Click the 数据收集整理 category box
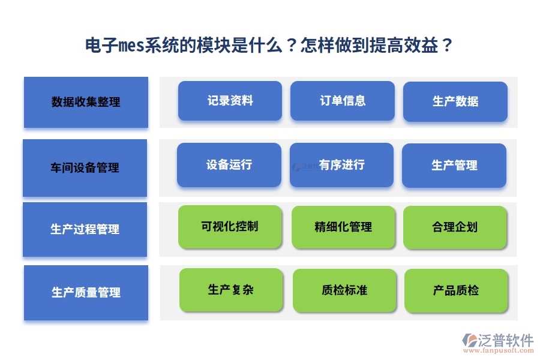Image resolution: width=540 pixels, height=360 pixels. [x=86, y=102]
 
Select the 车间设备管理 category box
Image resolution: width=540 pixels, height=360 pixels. [x=85, y=168]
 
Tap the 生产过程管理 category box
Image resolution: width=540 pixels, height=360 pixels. [x=85, y=229]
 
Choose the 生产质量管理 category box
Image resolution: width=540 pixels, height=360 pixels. [x=86, y=293]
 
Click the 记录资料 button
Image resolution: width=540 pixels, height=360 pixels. [x=230, y=101]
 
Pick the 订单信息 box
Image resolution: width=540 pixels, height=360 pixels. [x=343, y=101]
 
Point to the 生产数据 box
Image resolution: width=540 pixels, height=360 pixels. [x=455, y=101]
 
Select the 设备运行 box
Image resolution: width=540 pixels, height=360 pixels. [x=229, y=165]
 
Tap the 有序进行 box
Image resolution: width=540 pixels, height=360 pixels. [x=341, y=165]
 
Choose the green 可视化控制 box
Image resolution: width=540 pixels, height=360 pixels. [x=230, y=227]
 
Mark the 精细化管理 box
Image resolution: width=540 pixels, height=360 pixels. [x=343, y=227]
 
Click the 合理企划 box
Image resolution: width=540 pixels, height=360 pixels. [x=455, y=227]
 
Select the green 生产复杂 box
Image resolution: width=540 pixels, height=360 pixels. [x=231, y=290]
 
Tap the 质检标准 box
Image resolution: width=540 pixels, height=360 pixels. [x=344, y=290]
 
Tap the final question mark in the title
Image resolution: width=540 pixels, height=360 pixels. [x=446, y=46]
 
